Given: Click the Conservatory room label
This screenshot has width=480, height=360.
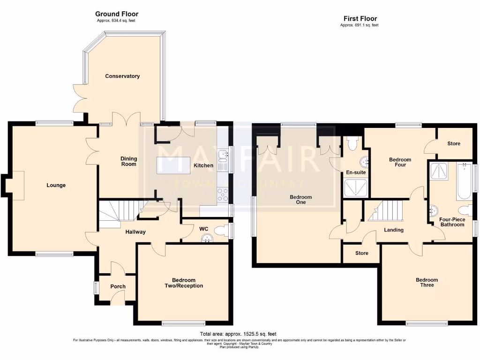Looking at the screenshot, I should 122,76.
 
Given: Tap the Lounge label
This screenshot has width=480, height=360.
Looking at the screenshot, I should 56,185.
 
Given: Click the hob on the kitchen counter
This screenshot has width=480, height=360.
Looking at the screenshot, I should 222,194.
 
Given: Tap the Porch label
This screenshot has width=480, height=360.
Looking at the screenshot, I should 118,286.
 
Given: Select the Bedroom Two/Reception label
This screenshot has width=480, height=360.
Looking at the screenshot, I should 184,283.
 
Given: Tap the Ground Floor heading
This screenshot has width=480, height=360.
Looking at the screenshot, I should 117,14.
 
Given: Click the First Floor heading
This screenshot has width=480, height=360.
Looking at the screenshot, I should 359,18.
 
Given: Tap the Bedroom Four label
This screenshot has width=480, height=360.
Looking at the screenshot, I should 400,162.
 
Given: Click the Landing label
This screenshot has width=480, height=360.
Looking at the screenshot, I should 393,230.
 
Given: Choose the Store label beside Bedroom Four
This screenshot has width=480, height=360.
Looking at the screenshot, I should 453,143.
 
